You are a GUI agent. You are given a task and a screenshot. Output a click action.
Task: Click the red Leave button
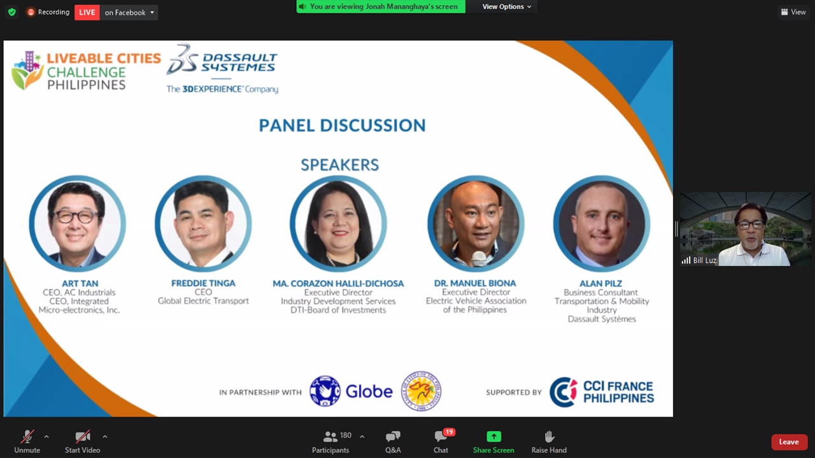[789, 442]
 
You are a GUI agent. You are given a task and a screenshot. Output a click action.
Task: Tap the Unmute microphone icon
[27, 436]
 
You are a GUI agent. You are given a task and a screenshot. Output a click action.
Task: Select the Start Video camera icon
[83, 436]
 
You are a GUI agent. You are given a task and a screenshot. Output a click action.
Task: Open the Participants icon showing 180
[330, 436]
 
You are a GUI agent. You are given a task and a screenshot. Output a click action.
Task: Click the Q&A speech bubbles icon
[393, 436]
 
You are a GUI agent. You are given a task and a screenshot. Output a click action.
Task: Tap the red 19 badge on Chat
[450, 432]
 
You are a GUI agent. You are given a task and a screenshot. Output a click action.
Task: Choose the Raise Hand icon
[549, 436]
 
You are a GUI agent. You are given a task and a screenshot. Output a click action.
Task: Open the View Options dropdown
[506, 6]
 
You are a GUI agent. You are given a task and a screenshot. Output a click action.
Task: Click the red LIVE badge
[87, 12]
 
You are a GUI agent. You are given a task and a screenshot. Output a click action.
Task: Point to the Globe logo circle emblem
[325, 391]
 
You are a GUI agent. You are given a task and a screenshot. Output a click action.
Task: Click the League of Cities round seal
[421, 391]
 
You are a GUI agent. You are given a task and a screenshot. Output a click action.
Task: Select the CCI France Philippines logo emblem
[563, 392]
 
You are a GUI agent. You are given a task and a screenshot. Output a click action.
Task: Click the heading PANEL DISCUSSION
[342, 125]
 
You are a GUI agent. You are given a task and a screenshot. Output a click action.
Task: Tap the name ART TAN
[80, 283]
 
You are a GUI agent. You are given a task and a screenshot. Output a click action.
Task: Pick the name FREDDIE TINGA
[203, 283]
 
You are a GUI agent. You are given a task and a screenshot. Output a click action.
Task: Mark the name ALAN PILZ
[600, 283]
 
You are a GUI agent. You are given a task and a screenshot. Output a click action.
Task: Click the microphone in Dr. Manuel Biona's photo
[478, 259]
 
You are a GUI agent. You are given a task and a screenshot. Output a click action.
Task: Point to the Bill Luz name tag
[699, 260]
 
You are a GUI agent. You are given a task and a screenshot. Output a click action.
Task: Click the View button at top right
[793, 12]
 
